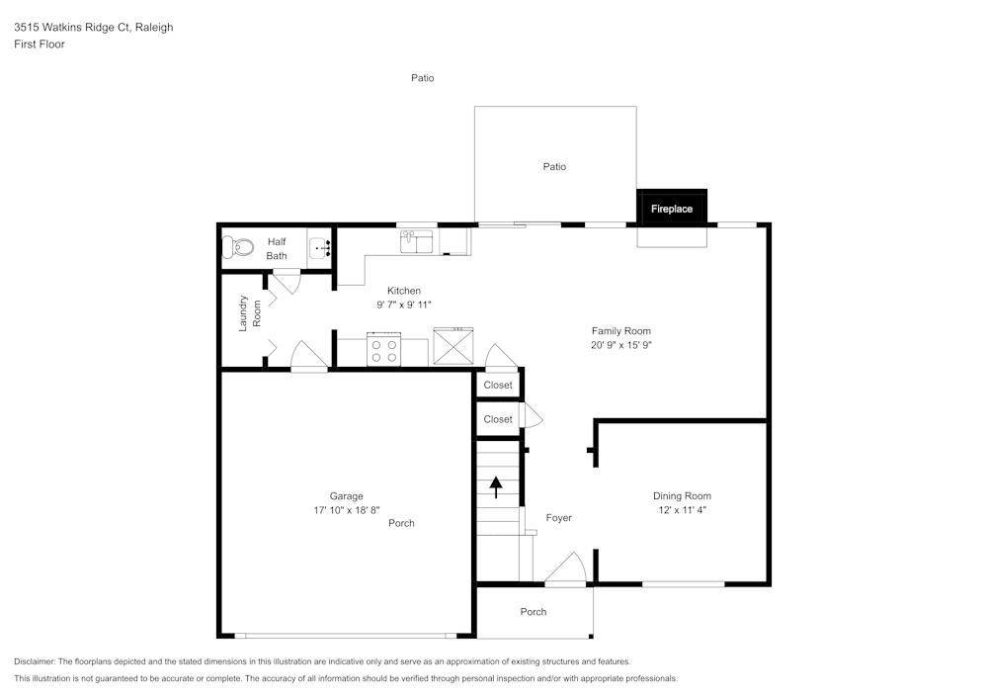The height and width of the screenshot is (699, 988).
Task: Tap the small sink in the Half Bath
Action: click(320, 248)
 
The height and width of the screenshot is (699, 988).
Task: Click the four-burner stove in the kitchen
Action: click(383, 351)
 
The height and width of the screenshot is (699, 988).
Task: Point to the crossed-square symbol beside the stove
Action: click(453, 346)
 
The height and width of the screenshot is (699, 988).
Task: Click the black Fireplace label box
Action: click(672, 209)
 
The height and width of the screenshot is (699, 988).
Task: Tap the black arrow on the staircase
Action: click(496, 485)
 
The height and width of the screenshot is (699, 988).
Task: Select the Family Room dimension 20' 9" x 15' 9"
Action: click(620, 345)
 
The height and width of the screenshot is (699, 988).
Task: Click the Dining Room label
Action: click(682, 496)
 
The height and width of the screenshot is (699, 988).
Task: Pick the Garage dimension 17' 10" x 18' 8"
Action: click(346, 510)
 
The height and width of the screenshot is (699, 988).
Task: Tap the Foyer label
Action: click(559, 518)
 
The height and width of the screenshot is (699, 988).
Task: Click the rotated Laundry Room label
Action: click(250, 312)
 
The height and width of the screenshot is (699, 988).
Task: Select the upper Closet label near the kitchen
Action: click(498, 385)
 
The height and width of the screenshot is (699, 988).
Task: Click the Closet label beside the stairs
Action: click(498, 419)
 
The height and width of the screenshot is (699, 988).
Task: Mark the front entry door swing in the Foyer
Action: click(567, 569)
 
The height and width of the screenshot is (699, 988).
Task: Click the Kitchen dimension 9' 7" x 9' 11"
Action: click(403, 305)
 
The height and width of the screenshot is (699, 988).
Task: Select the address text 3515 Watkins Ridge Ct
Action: click(94, 28)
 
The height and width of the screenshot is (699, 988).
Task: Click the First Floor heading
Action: click(40, 44)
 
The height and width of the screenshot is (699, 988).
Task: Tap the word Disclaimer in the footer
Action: click(35, 661)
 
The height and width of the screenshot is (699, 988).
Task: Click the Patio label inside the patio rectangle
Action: click(554, 167)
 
